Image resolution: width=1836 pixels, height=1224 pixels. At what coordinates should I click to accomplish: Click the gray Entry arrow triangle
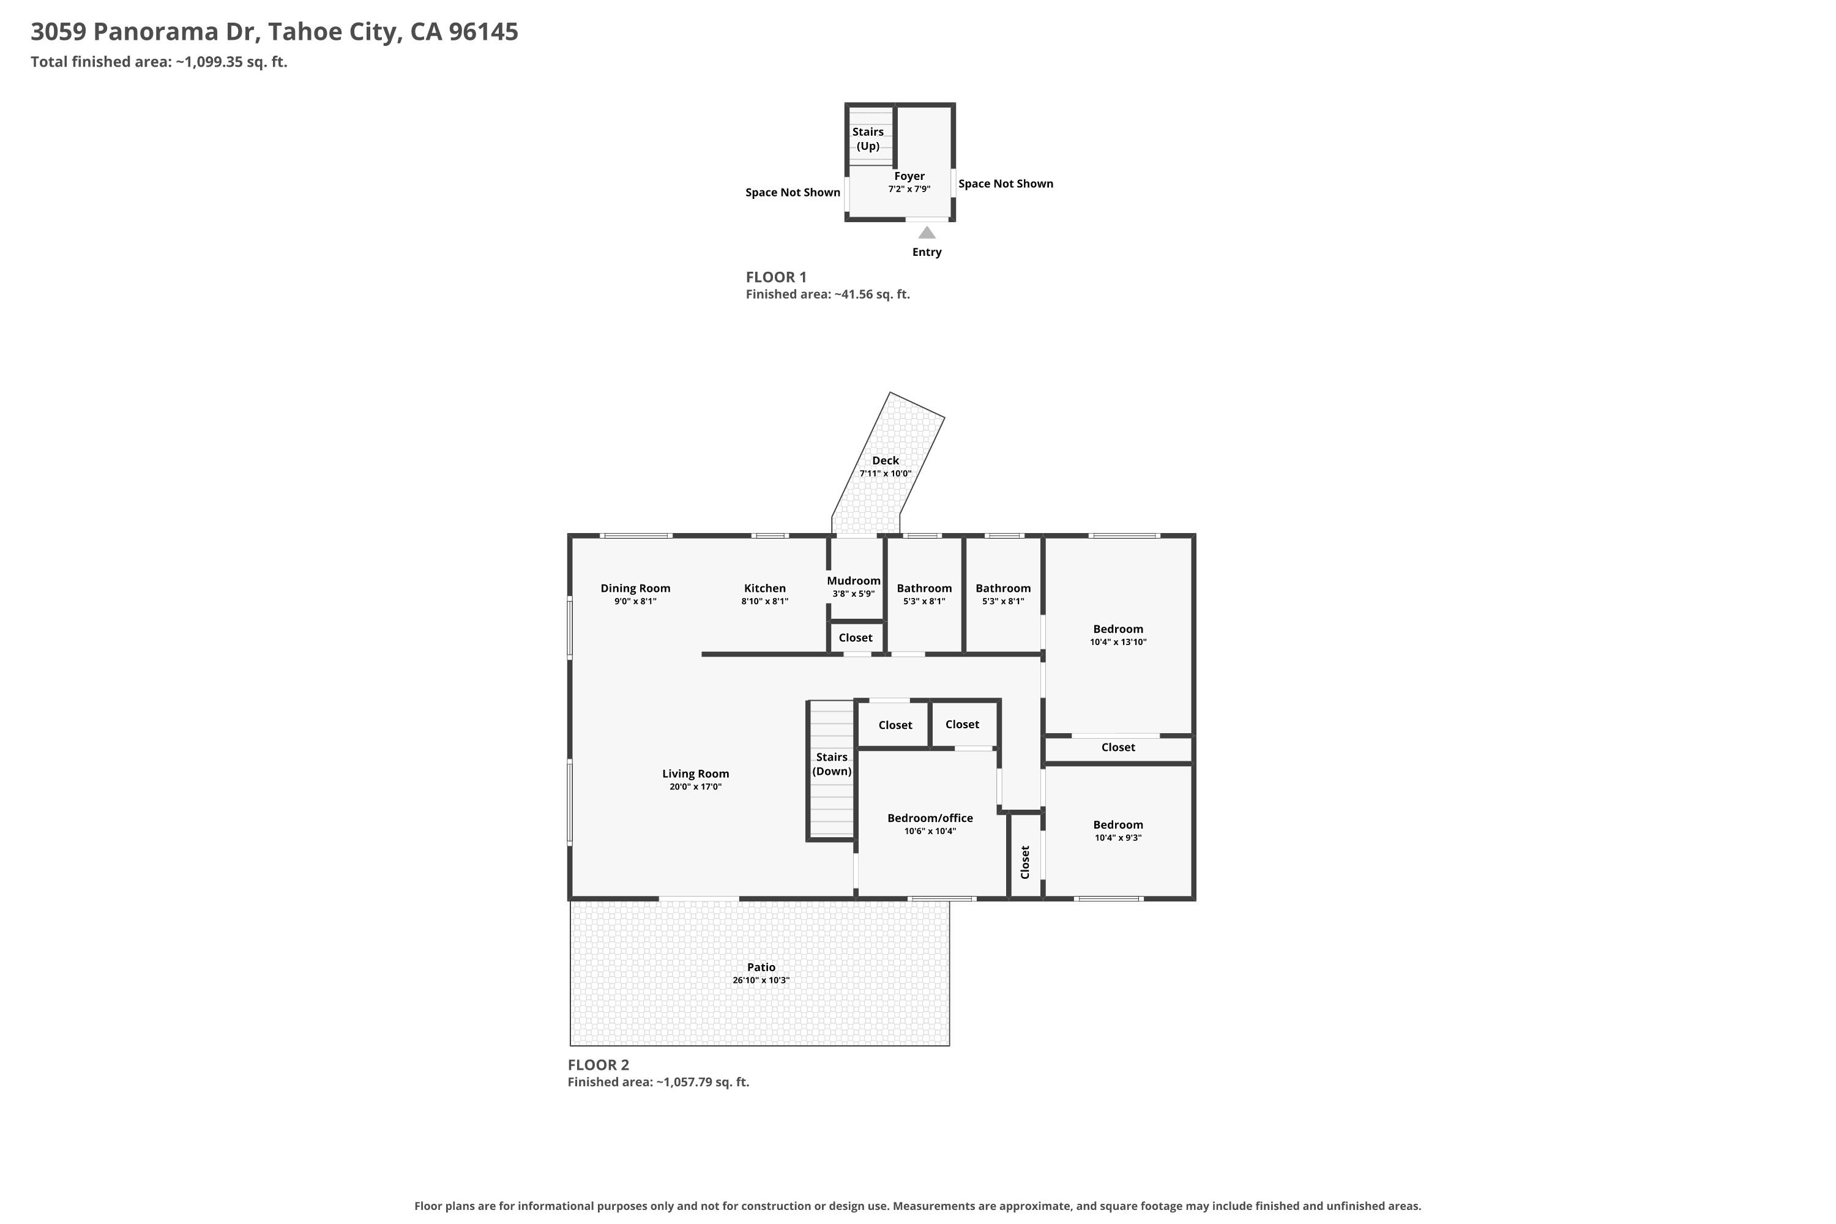point(927,233)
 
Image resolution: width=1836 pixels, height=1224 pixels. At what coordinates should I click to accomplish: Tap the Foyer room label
point(909,176)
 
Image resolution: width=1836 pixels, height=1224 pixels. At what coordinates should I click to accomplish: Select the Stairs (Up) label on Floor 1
point(868,139)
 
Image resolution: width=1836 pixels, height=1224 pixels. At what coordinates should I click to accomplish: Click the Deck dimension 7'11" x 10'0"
point(885,474)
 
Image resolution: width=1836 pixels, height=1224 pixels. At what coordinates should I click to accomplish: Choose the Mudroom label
point(853,581)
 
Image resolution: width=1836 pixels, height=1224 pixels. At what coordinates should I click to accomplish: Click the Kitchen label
point(765,589)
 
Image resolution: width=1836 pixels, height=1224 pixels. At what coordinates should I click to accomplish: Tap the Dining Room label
point(635,589)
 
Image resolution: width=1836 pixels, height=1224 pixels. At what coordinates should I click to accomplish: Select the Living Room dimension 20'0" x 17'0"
point(695,787)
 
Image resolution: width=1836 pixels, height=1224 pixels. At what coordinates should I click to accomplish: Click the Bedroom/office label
point(930,818)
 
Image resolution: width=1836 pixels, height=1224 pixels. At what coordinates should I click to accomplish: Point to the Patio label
point(761,967)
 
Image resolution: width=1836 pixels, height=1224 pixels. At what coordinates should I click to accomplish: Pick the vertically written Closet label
point(1025,862)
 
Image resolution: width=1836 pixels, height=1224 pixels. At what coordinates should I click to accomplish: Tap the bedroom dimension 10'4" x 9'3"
point(1119,838)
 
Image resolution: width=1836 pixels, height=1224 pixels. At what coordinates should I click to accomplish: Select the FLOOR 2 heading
point(598,1065)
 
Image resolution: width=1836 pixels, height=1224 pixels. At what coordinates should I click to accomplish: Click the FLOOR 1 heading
point(776,277)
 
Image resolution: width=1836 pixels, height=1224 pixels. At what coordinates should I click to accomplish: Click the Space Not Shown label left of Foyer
point(793,193)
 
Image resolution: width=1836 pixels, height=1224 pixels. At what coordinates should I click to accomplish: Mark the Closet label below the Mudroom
point(856,638)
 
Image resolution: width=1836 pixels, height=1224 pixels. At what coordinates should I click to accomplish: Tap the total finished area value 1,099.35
point(214,62)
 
